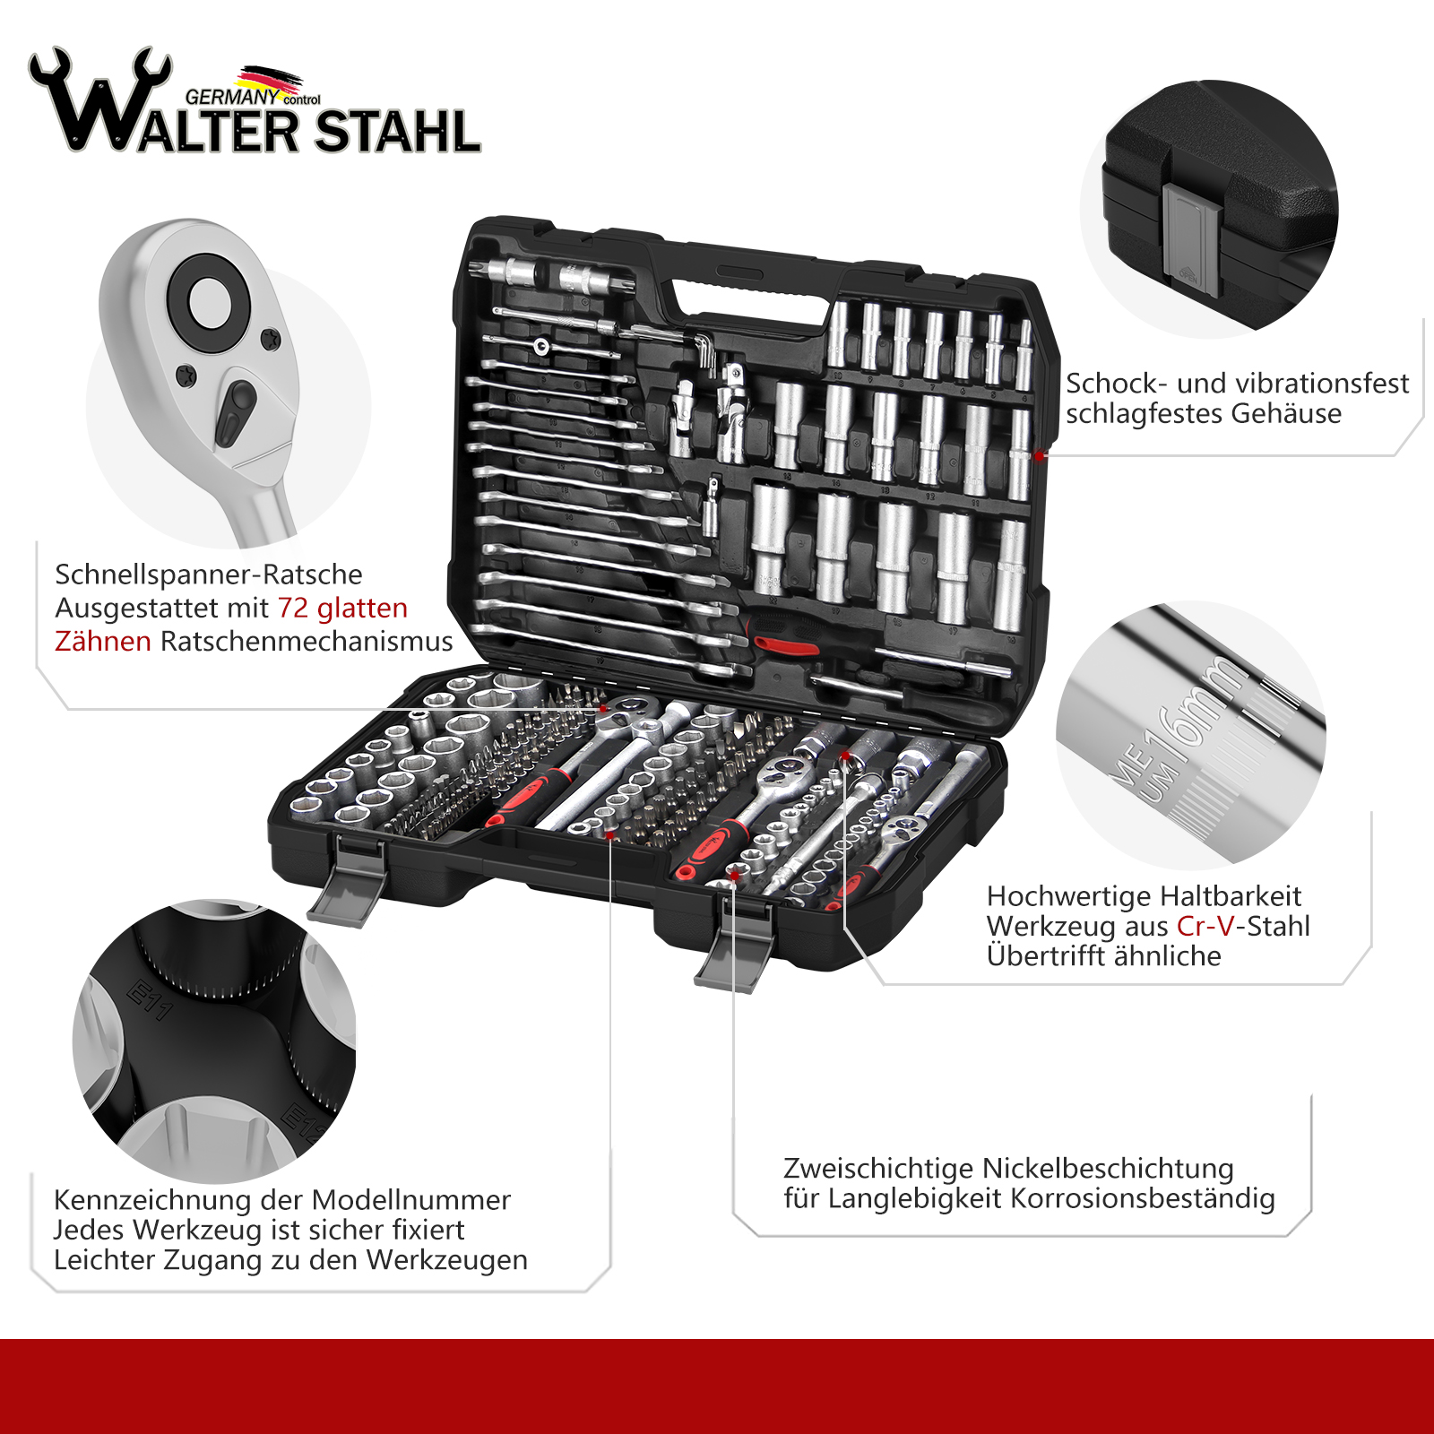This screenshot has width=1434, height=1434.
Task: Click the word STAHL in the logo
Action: (397, 133)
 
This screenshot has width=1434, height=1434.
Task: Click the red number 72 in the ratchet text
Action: (293, 608)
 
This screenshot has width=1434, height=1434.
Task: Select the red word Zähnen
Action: (103, 641)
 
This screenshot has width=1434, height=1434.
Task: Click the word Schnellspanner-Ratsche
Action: (209, 574)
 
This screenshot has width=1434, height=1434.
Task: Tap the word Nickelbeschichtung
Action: (1109, 1169)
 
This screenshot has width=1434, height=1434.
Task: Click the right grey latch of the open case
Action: (736, 946)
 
